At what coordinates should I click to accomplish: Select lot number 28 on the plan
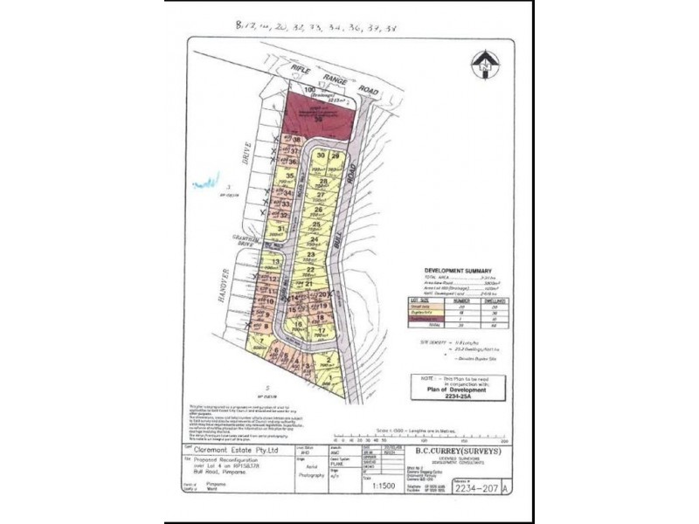tap(323, 183)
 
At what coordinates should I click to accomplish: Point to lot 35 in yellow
tap(289, 176)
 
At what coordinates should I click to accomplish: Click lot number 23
tap(310, 254)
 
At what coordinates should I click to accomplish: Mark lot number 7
tap(259, 341)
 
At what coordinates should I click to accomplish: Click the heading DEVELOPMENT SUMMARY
tap(457, 271)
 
